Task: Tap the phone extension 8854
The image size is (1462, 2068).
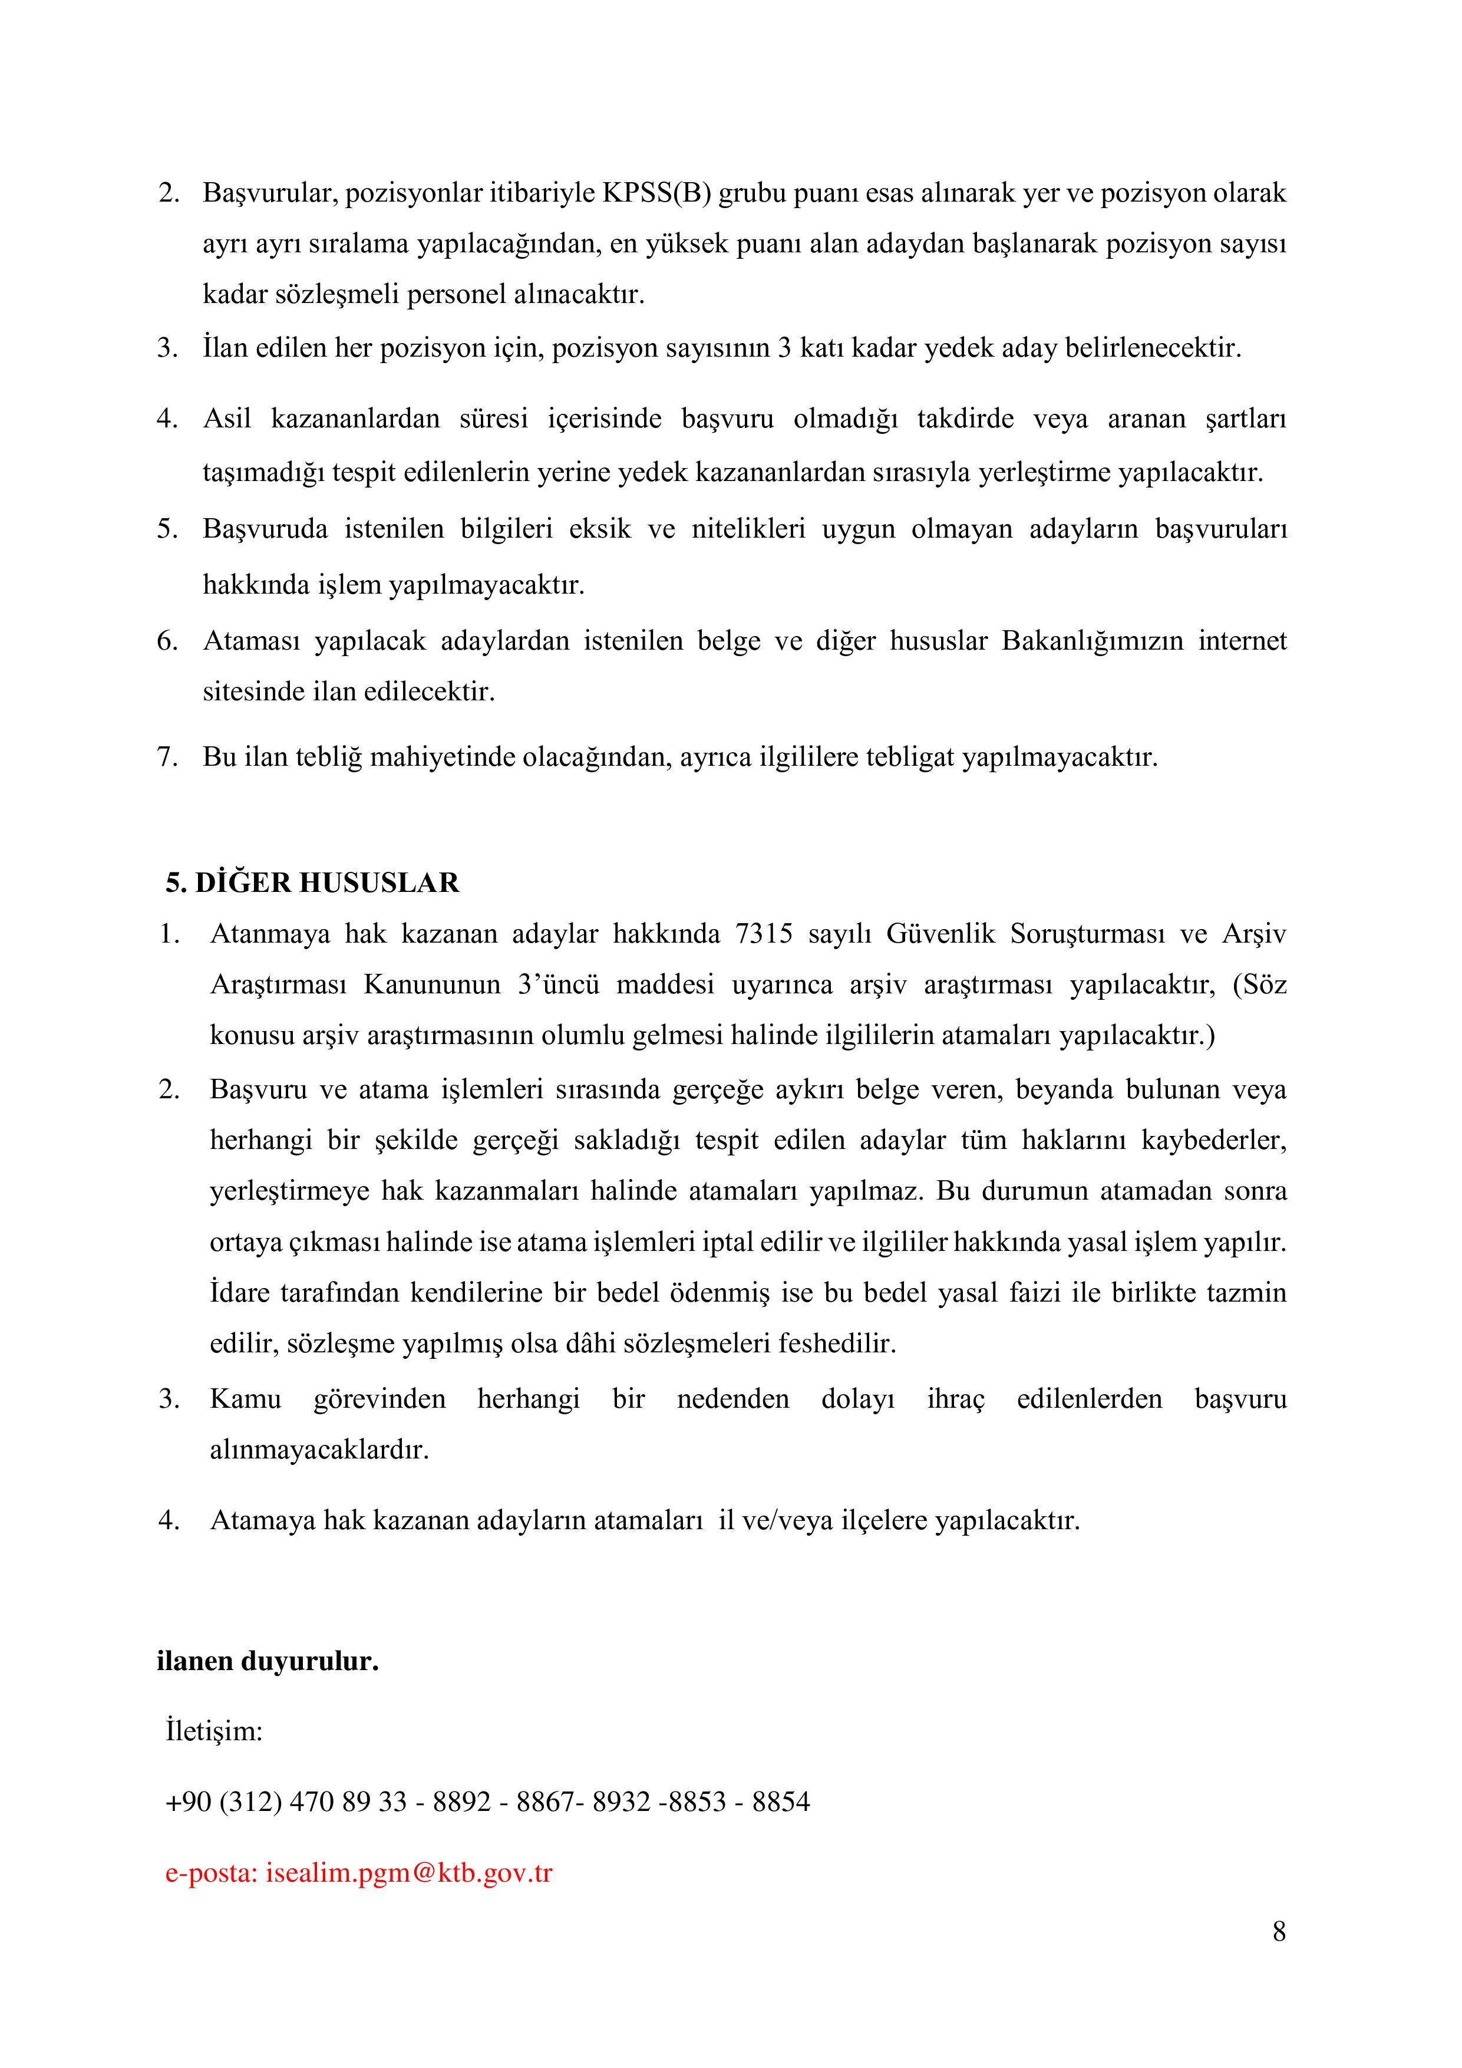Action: pyautogui.click(x=781, y=1802)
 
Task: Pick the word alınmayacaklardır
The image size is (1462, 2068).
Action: pyautogui.click(x=319, y=1450)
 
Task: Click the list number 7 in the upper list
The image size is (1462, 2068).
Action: pyautogui.click(x=167, y=756)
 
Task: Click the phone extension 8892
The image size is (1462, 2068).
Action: pyautogui.click(x=462, y=1802)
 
